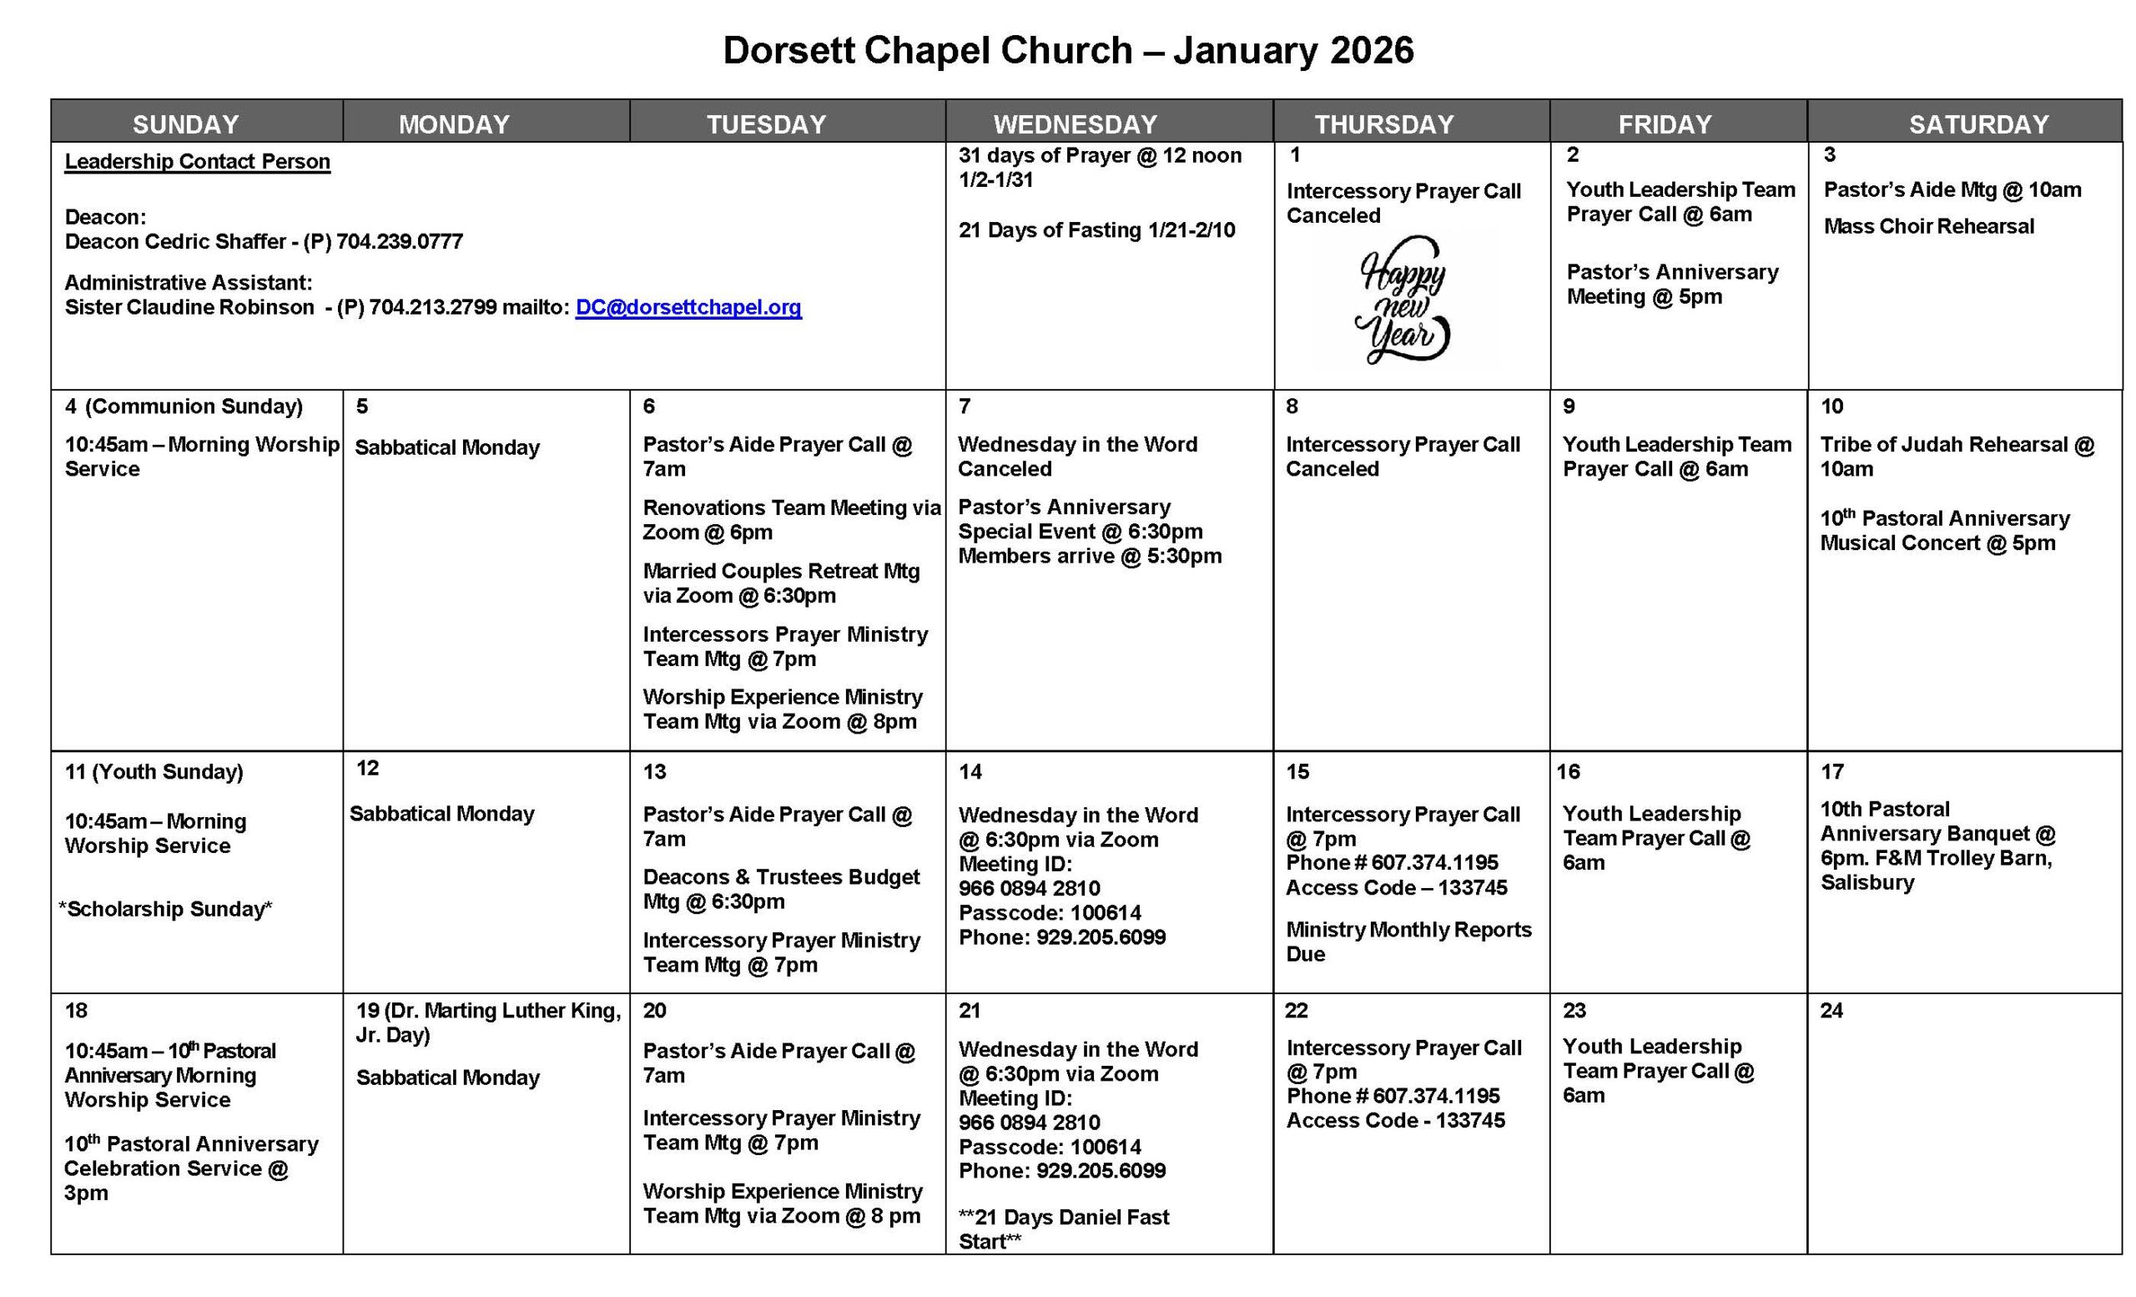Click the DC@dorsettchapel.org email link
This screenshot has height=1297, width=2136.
(x=688, y=307)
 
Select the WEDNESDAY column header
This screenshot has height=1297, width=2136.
(x=1075, y=124)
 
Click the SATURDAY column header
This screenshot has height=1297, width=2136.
(x=1978, y=124)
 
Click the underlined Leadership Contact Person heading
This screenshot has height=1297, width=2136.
(x=197, y=162)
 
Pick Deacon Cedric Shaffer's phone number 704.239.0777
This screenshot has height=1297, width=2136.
(x=400, y=241)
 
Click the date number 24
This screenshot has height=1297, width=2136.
(x=1831, y=1010)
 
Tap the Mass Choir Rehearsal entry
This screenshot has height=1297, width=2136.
(x=1928, y=226)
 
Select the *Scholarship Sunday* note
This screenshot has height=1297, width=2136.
(x=164, y=909)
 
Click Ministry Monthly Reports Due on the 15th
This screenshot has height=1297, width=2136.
(x=1408, y=941)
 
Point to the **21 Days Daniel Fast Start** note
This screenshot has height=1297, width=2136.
(x=1063, y=1229)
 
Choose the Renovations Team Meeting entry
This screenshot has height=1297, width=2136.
(x=791, y=519)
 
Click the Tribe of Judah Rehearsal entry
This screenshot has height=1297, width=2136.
(x=1956, y=456)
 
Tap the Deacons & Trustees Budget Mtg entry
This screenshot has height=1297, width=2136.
(x=780, y=889)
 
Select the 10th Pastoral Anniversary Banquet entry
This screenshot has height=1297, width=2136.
(x=1937, y=845)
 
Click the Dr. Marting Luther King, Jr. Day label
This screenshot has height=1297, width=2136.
(x=489, y=1022)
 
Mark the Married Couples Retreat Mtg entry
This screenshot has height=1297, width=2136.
(x=780, y=583)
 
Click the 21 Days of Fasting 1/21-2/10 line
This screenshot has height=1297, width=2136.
(x=1096, y=230)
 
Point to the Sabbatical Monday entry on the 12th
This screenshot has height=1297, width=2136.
(x=442, y=813)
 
